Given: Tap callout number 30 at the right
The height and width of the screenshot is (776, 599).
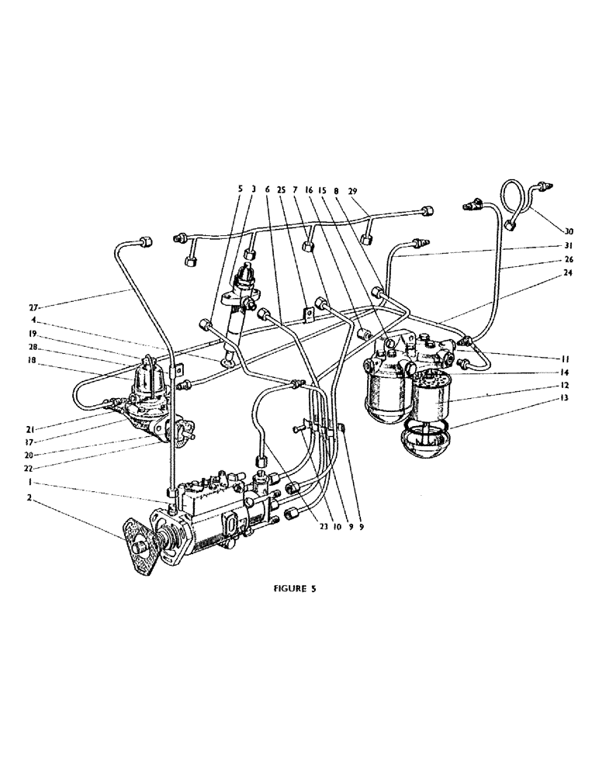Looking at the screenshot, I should [569, 230].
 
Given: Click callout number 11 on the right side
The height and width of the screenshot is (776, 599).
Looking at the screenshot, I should [569, 360].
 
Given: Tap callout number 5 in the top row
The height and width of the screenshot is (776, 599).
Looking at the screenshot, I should [241, 189].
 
